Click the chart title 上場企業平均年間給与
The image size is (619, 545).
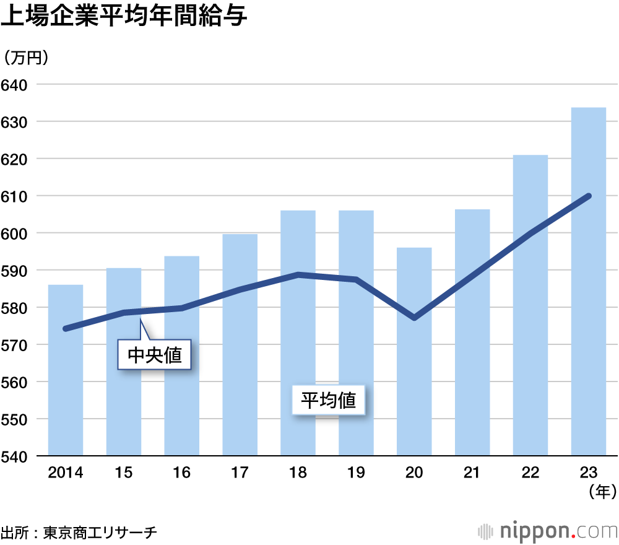124,17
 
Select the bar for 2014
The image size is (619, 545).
66,372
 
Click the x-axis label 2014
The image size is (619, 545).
66,473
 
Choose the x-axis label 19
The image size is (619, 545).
356,473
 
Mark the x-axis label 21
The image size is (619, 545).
472,473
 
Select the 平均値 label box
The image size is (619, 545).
329,401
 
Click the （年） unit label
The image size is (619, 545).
600,492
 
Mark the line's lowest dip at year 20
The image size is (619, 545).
413,318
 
